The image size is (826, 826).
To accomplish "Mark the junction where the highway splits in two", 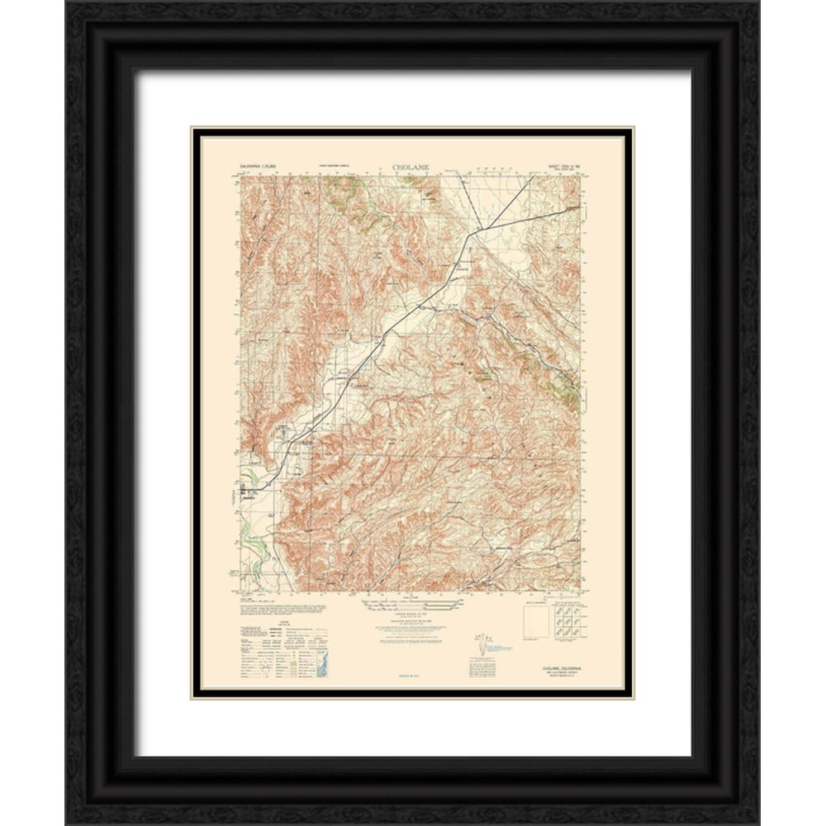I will (470, 235).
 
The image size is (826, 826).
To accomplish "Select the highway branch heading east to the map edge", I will (537, 216).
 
